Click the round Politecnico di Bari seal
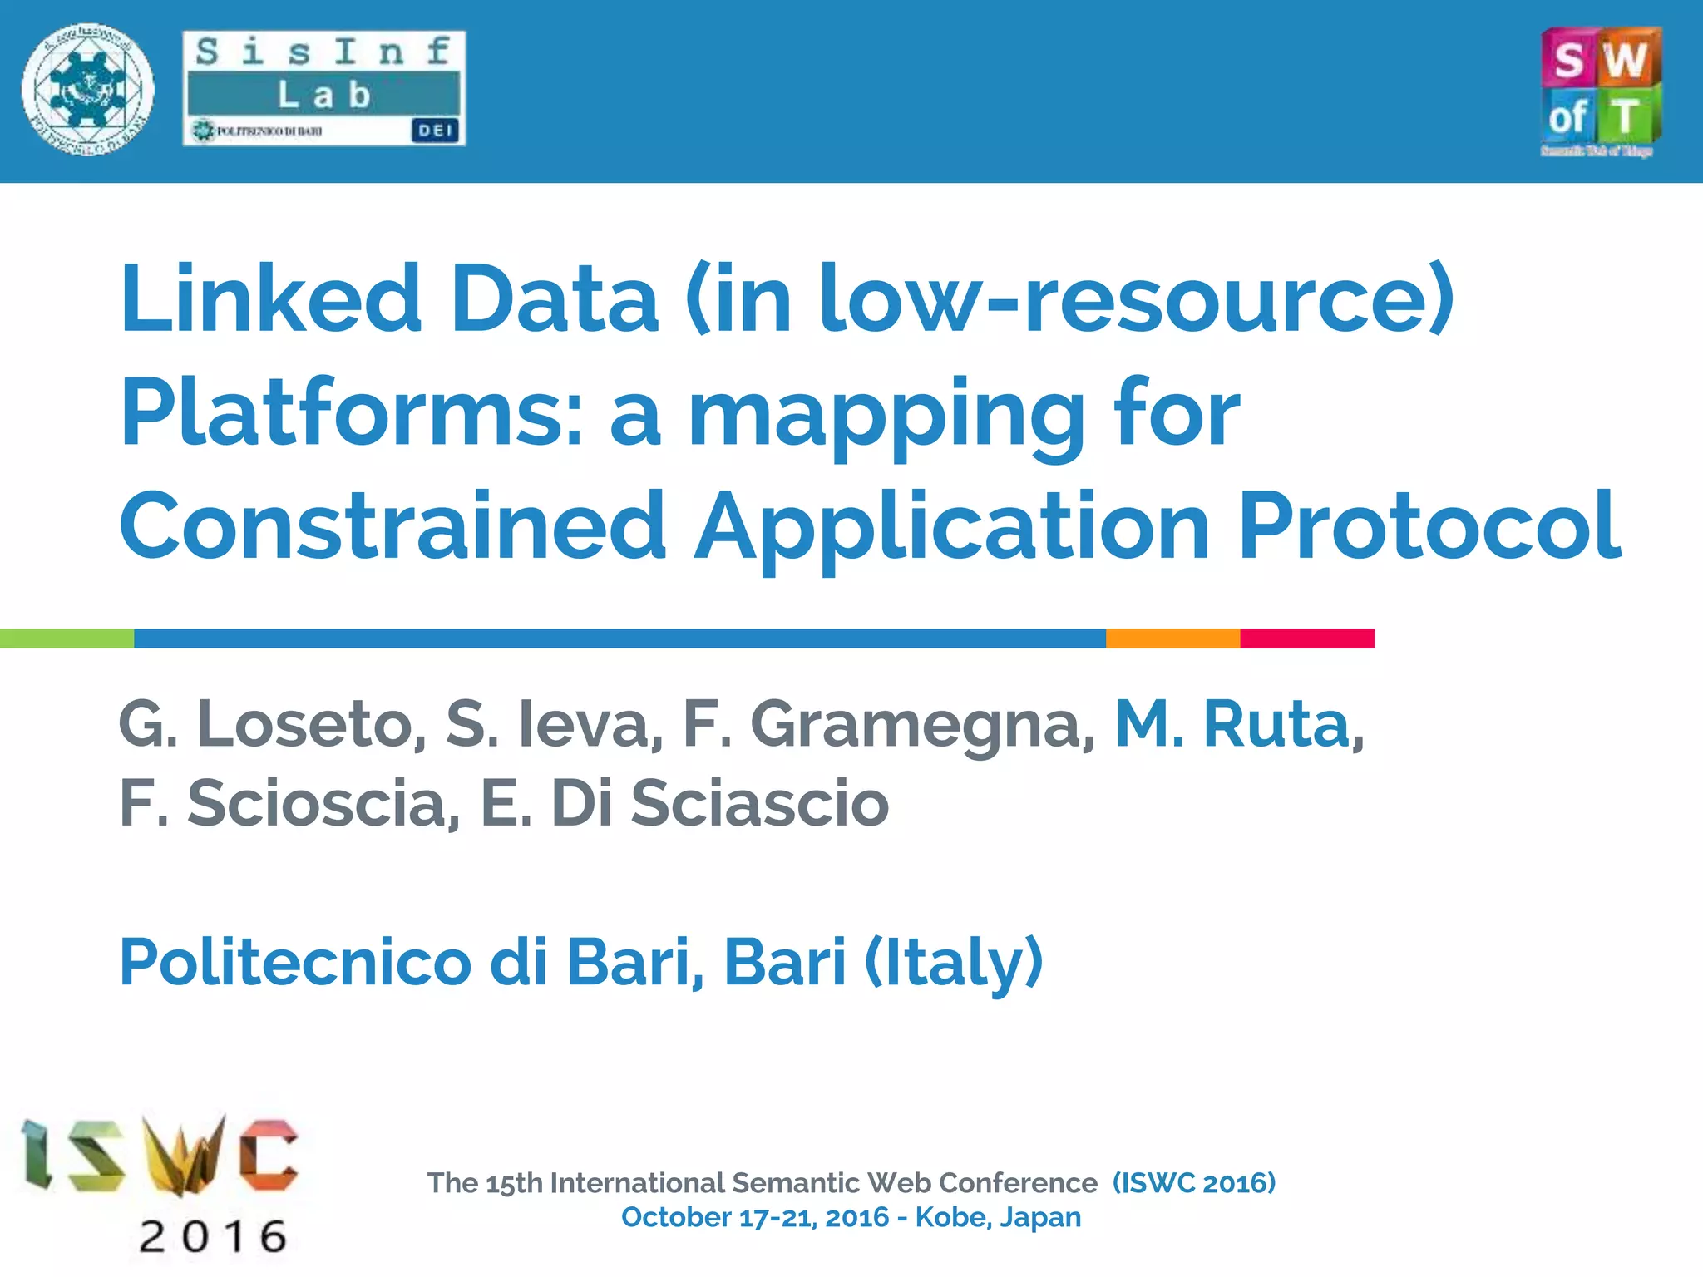point(87,90)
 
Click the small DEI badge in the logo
point(435,131)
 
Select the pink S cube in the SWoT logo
point(1568,58)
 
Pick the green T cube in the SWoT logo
point(1627,115)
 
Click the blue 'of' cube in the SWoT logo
point(1568,115)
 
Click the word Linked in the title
point(271,298)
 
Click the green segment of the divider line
point(67,638)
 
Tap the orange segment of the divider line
point(1172,638)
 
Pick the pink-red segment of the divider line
point(1307,638)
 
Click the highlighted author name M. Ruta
point(1239,724)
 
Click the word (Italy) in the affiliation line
point(954,963)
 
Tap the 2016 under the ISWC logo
point(213,1236)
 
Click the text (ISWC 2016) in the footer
point(1194,1182)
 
